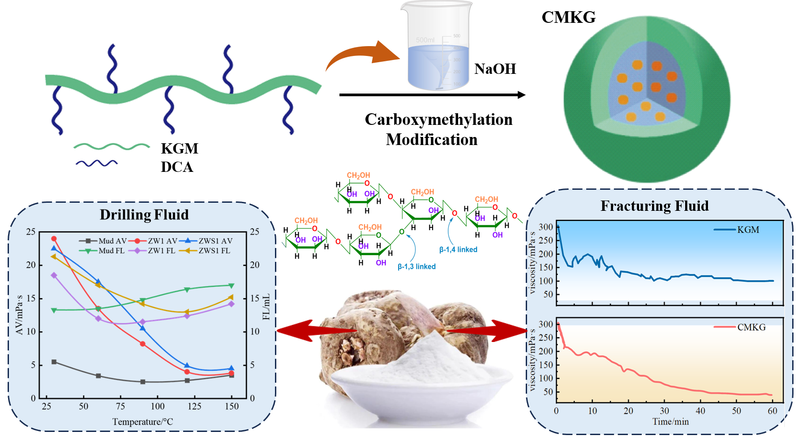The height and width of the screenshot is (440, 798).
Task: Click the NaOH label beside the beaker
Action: [495, 69]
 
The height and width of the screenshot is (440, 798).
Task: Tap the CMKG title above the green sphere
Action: [568, 17]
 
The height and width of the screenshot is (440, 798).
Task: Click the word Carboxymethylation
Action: [438, 120]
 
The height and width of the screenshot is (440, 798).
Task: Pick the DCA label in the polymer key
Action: [177, 167]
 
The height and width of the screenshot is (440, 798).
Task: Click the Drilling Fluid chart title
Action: [144, 215]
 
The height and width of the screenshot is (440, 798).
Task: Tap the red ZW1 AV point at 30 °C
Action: [54, 239]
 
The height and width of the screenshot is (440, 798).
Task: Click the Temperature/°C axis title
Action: [142, 422]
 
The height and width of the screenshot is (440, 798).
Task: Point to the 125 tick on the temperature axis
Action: [194, 406]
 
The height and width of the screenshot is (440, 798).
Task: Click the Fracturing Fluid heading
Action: [654, 206]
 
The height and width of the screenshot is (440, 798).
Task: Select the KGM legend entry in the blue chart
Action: [743, 230]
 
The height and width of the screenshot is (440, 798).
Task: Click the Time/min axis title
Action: [670, 422]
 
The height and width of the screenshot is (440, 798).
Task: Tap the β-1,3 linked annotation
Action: [416, 267]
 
